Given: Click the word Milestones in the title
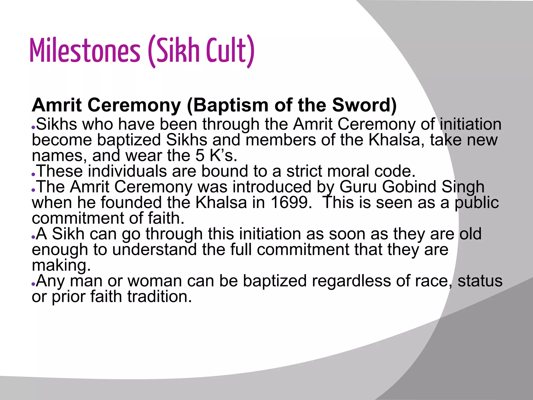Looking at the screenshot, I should coord(85,51).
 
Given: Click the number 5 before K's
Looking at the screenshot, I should coord(200,155).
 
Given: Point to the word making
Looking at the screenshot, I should coord(61,266).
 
